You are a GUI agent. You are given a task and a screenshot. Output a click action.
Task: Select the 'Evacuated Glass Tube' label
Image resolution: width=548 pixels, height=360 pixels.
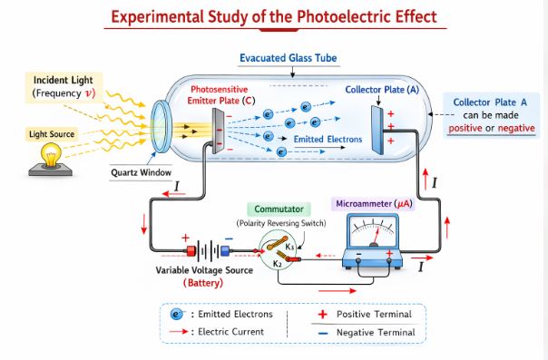click(289, 58)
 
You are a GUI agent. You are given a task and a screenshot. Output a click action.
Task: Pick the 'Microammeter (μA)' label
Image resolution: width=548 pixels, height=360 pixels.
click(372, 204)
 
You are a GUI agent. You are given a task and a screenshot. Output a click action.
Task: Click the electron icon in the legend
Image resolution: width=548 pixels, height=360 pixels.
click(178, 314)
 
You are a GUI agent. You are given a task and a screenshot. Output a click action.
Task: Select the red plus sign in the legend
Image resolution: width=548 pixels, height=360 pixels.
click(321, 314)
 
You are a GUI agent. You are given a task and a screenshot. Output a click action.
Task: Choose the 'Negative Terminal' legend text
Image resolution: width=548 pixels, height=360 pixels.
click(376, 332)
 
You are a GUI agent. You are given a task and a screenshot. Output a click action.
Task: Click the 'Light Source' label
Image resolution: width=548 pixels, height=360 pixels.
click(51, 134)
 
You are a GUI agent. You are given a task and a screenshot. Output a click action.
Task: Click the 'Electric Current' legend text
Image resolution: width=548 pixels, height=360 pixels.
click(230, 332)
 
